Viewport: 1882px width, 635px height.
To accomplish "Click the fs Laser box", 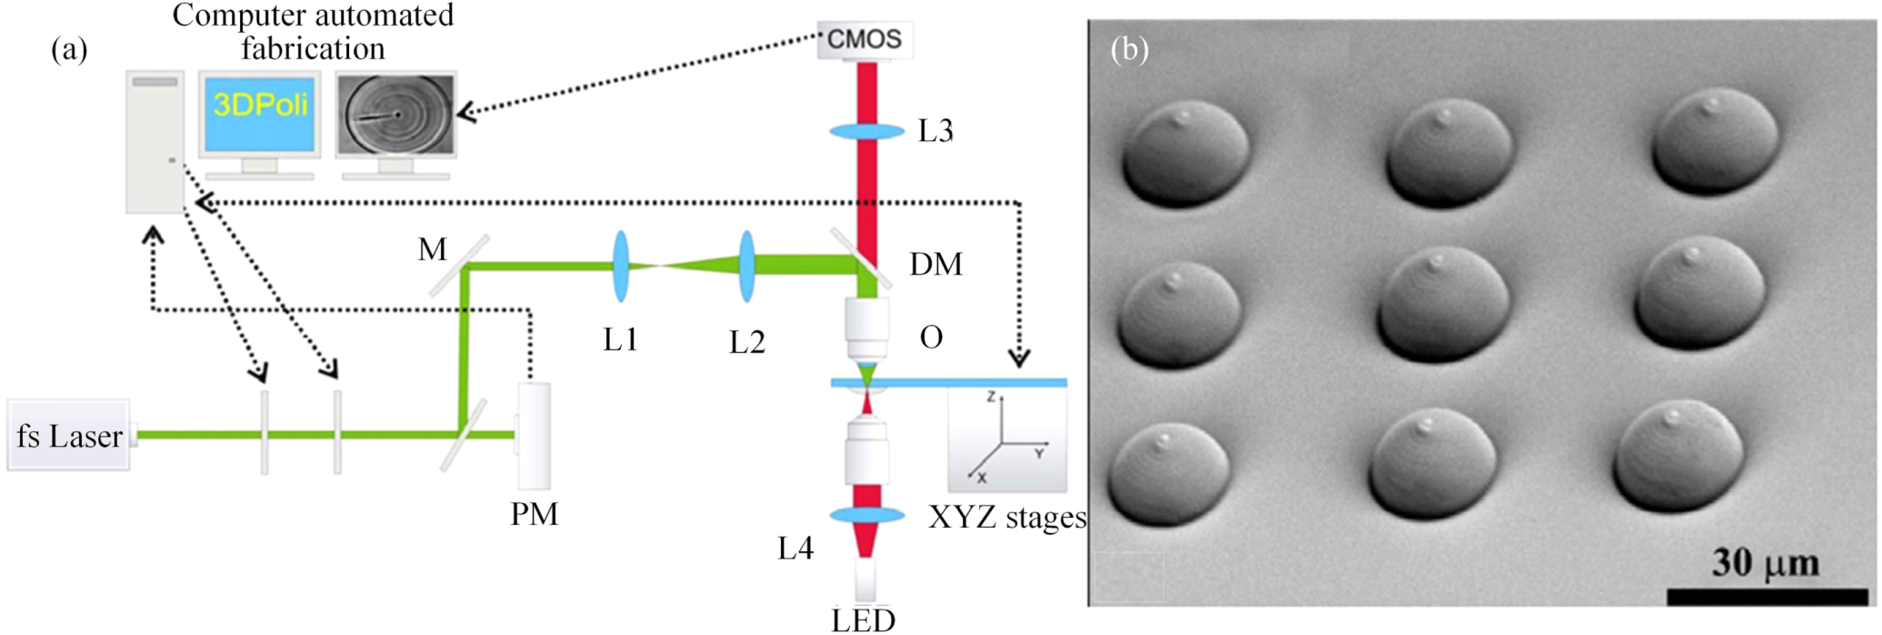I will tap(68, 436).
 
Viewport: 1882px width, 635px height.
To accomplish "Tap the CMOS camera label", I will tap(864, 40).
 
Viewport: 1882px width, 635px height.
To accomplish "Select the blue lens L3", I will tap(866, 132).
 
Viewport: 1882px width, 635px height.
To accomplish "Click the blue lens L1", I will tap(622, 266).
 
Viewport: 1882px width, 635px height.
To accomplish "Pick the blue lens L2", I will tap(746, 266).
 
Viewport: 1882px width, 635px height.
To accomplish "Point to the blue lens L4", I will tap(866, 516).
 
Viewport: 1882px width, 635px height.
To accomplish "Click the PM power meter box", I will tap(534, 436).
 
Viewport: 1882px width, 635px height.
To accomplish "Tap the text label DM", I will tap(936, 265).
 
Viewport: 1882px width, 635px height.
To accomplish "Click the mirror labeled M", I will tap(459, 266).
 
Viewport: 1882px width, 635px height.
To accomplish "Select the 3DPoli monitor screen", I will tap(259, 113).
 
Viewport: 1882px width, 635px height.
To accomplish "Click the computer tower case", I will tap(155, 142).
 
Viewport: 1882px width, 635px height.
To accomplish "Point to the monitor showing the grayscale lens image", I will tap(395, 115).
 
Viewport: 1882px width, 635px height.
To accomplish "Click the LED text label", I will tap(863, 620).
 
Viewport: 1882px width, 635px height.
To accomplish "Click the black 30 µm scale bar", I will tap(1766, 597).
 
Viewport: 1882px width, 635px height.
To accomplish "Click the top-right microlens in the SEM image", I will tap(1715, 141).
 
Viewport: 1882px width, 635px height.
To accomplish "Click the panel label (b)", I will tap(1129, 49).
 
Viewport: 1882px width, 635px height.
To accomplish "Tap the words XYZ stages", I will tap(1007, 518).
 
